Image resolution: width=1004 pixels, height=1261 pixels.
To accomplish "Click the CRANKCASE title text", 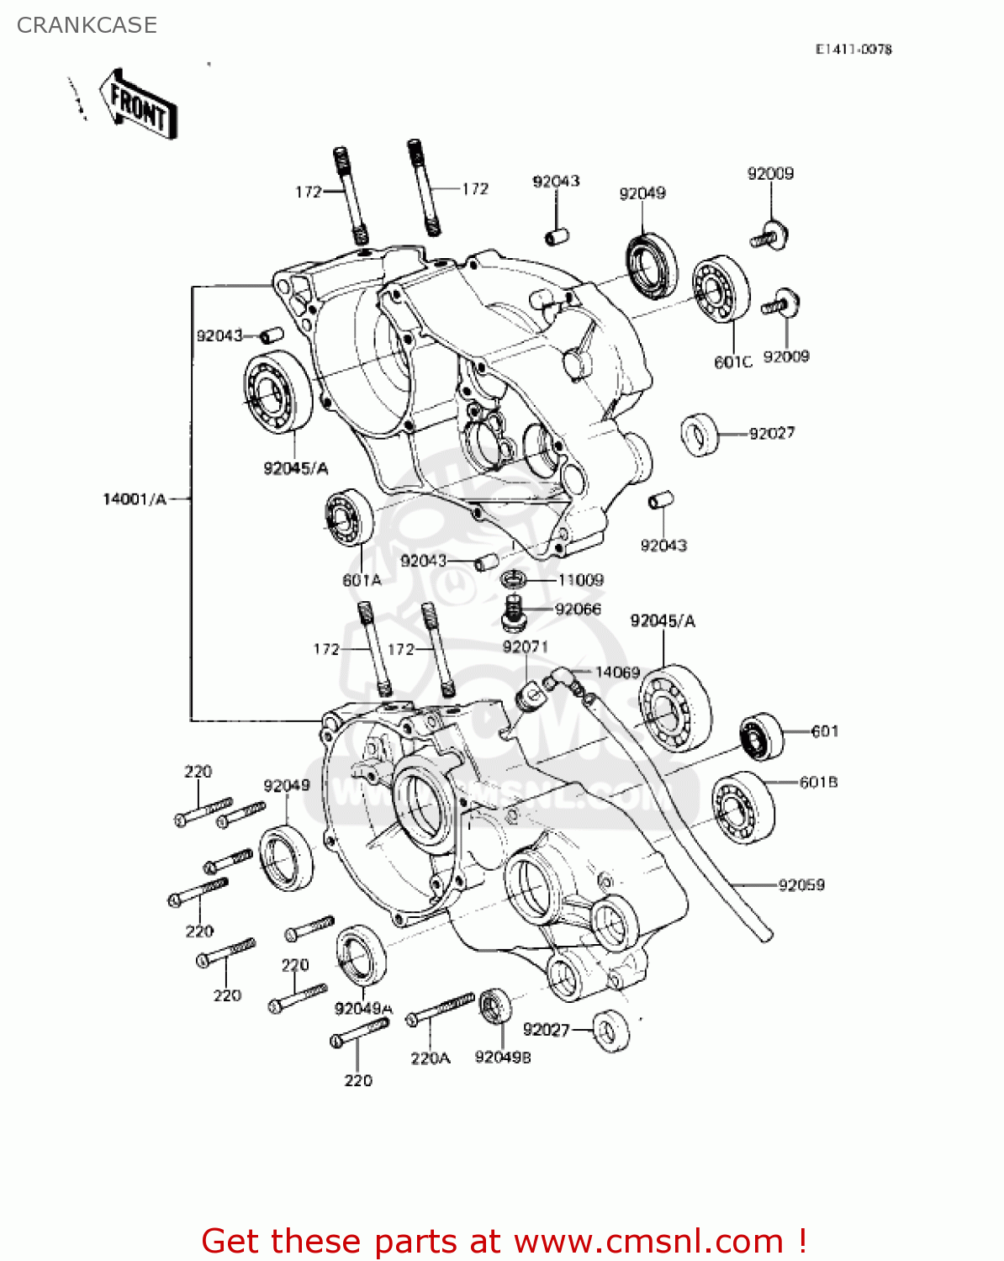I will point(87,25).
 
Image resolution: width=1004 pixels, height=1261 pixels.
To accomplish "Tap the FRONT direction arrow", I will point(138,105).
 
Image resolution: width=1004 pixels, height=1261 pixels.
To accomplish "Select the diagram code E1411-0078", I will point(853,50).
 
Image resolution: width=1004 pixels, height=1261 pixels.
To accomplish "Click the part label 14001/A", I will point(135,499).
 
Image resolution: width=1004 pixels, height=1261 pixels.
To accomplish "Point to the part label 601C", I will point(732,362).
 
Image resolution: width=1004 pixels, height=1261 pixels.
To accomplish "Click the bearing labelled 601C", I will point(721,288).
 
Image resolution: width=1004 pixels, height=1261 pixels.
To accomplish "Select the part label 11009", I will point(580,580).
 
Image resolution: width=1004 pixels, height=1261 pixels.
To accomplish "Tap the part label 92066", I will point(578,609).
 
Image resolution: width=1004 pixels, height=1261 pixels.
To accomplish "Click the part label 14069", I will point(617,673).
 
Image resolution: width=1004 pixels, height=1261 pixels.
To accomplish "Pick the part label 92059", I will point(801,885).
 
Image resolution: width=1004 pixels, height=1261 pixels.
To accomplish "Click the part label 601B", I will point(817,783).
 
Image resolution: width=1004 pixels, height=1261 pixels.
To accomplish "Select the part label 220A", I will point(430,1059).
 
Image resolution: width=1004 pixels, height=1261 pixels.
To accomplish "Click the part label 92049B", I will point(502,1058).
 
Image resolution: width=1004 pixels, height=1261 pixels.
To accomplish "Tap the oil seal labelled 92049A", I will point(362,955).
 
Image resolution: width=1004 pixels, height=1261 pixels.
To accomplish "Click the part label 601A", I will point(362,580).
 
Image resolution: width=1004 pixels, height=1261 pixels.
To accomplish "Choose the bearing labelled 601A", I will point(349,517).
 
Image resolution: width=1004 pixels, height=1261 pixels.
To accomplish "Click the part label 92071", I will point(525,647).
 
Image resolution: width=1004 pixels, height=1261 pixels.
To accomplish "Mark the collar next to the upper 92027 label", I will point(699,435).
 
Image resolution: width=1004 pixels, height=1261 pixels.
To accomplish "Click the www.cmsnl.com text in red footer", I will point(648,1241).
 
